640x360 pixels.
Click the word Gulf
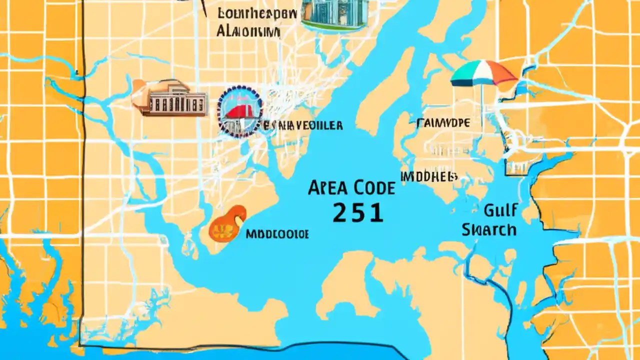pos(500,210)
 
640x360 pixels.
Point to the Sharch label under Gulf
pos(489,229)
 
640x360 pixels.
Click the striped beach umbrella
pos(483,74)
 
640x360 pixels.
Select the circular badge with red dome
pos(239,111)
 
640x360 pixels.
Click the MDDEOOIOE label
pos(277,234)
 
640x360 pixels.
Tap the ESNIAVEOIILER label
pos(303,125)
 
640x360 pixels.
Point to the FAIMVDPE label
pos(443,122)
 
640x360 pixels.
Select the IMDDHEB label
pos(429,176)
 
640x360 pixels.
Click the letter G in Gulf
pos(489,210)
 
